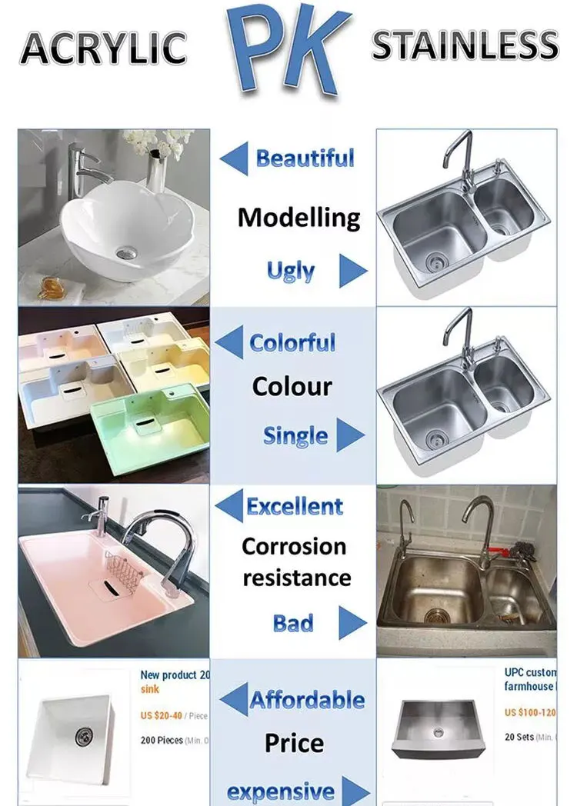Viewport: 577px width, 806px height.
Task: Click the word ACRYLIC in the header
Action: [x=103, y=48]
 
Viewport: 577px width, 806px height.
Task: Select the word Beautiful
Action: [x=305, y=159]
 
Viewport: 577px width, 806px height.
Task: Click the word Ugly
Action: [x=290, y=271]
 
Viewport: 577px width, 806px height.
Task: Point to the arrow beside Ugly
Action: [x=352, y=271]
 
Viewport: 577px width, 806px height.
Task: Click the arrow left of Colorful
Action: [x=229, y=342]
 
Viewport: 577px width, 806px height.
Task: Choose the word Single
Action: [x=295, y=436]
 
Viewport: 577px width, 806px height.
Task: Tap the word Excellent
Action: [x=295, y=507]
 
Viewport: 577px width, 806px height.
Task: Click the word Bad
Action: [x=293, y=623]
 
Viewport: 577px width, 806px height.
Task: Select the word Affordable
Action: [x=307, y=700]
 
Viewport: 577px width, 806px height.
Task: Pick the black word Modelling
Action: [x=299, y=218]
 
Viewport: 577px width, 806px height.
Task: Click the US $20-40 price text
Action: [x=162, y=715]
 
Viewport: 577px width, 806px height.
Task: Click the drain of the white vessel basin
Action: [x=124, y=251]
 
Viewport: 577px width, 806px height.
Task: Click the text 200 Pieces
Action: [x=162, y=741]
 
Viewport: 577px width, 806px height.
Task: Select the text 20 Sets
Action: [x=520, y=737]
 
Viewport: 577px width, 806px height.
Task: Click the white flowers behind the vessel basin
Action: [x=157, y=142]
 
